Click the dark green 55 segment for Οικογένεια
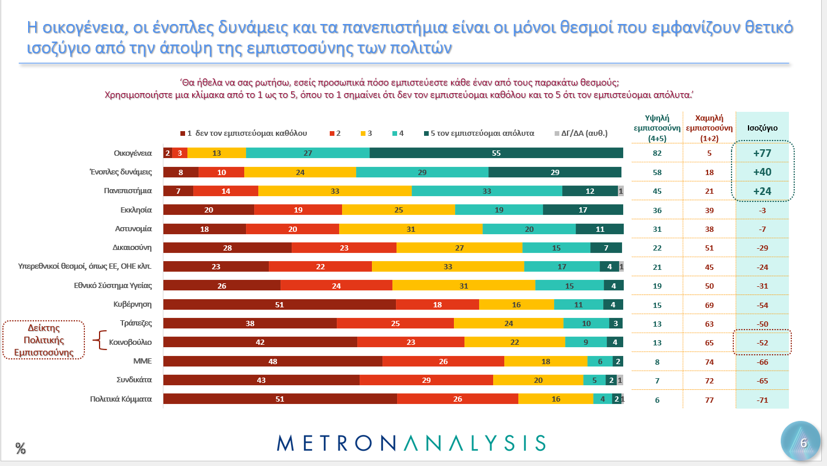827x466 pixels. [496, 153]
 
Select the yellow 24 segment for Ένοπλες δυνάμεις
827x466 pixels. [300, 172]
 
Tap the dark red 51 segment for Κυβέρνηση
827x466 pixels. [279, 304]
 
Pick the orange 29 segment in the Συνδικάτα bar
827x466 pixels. [426, 379]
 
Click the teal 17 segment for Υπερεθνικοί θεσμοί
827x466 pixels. [562, 266]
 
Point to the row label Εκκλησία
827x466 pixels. [136, 210]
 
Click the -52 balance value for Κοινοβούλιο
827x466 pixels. [762, 342]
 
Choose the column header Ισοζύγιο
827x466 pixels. [762, 128]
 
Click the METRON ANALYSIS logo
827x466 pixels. [411, 443]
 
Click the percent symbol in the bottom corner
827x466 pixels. [20, 449]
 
